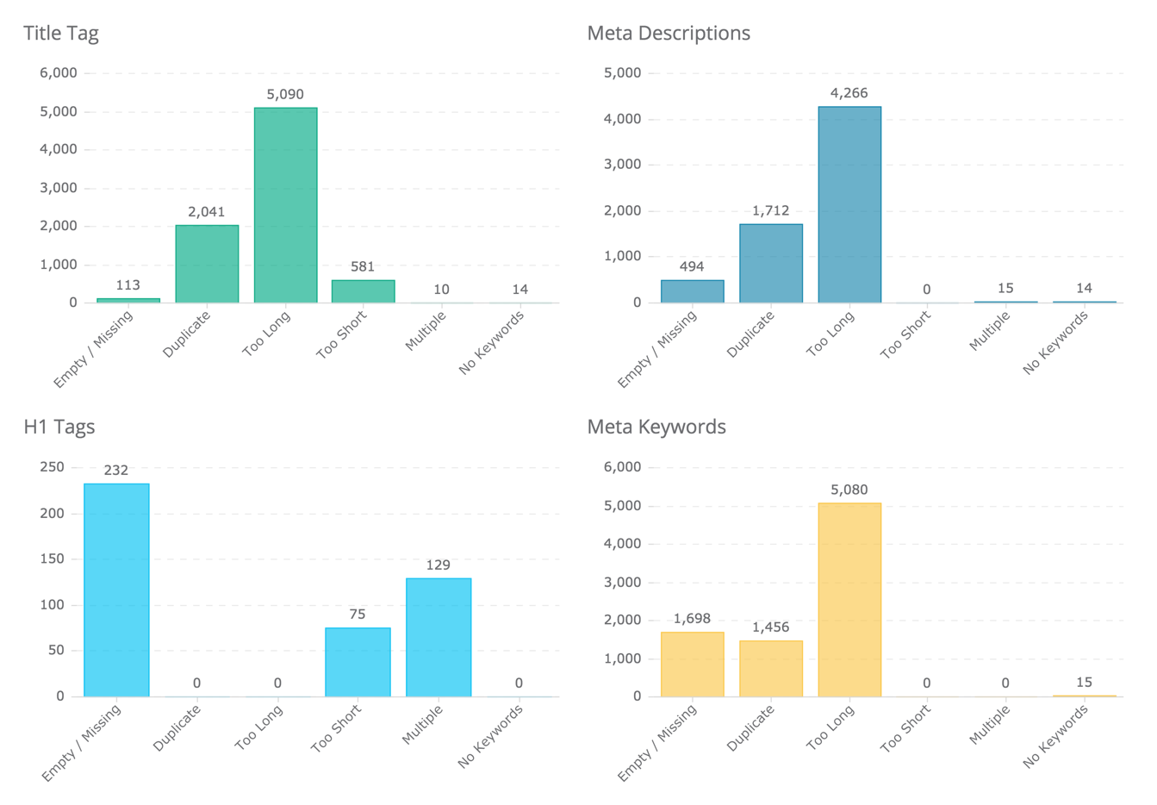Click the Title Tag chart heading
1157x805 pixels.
(x=60, y=34)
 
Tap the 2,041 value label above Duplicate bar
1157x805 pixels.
(x=207, y=212)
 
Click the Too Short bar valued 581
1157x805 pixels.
(x=363, y=291)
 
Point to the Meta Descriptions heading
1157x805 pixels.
(x=668, y=34)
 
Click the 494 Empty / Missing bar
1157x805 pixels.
(x=692, y=291)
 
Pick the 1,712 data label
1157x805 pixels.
(x=770, y=210)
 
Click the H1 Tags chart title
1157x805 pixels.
(x=59, y=427)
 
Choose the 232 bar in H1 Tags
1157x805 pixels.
(x=116, y=590)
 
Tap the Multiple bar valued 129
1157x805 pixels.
(x=439, y=637)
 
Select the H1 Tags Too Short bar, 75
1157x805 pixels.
(x=358, y=662)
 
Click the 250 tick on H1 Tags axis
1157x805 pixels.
(x=52, y=467)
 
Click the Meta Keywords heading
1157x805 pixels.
(x=656, y=427)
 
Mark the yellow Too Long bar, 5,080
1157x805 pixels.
(x=849, y=600)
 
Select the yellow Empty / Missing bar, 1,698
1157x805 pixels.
(x=692, y=664)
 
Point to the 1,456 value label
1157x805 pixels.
(x=770, y=627)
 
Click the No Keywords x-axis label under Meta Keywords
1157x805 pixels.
(x=1056, y=735)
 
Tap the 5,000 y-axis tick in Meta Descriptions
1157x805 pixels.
(x=622, y=73)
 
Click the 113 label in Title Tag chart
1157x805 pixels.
(x=128, y=285)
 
